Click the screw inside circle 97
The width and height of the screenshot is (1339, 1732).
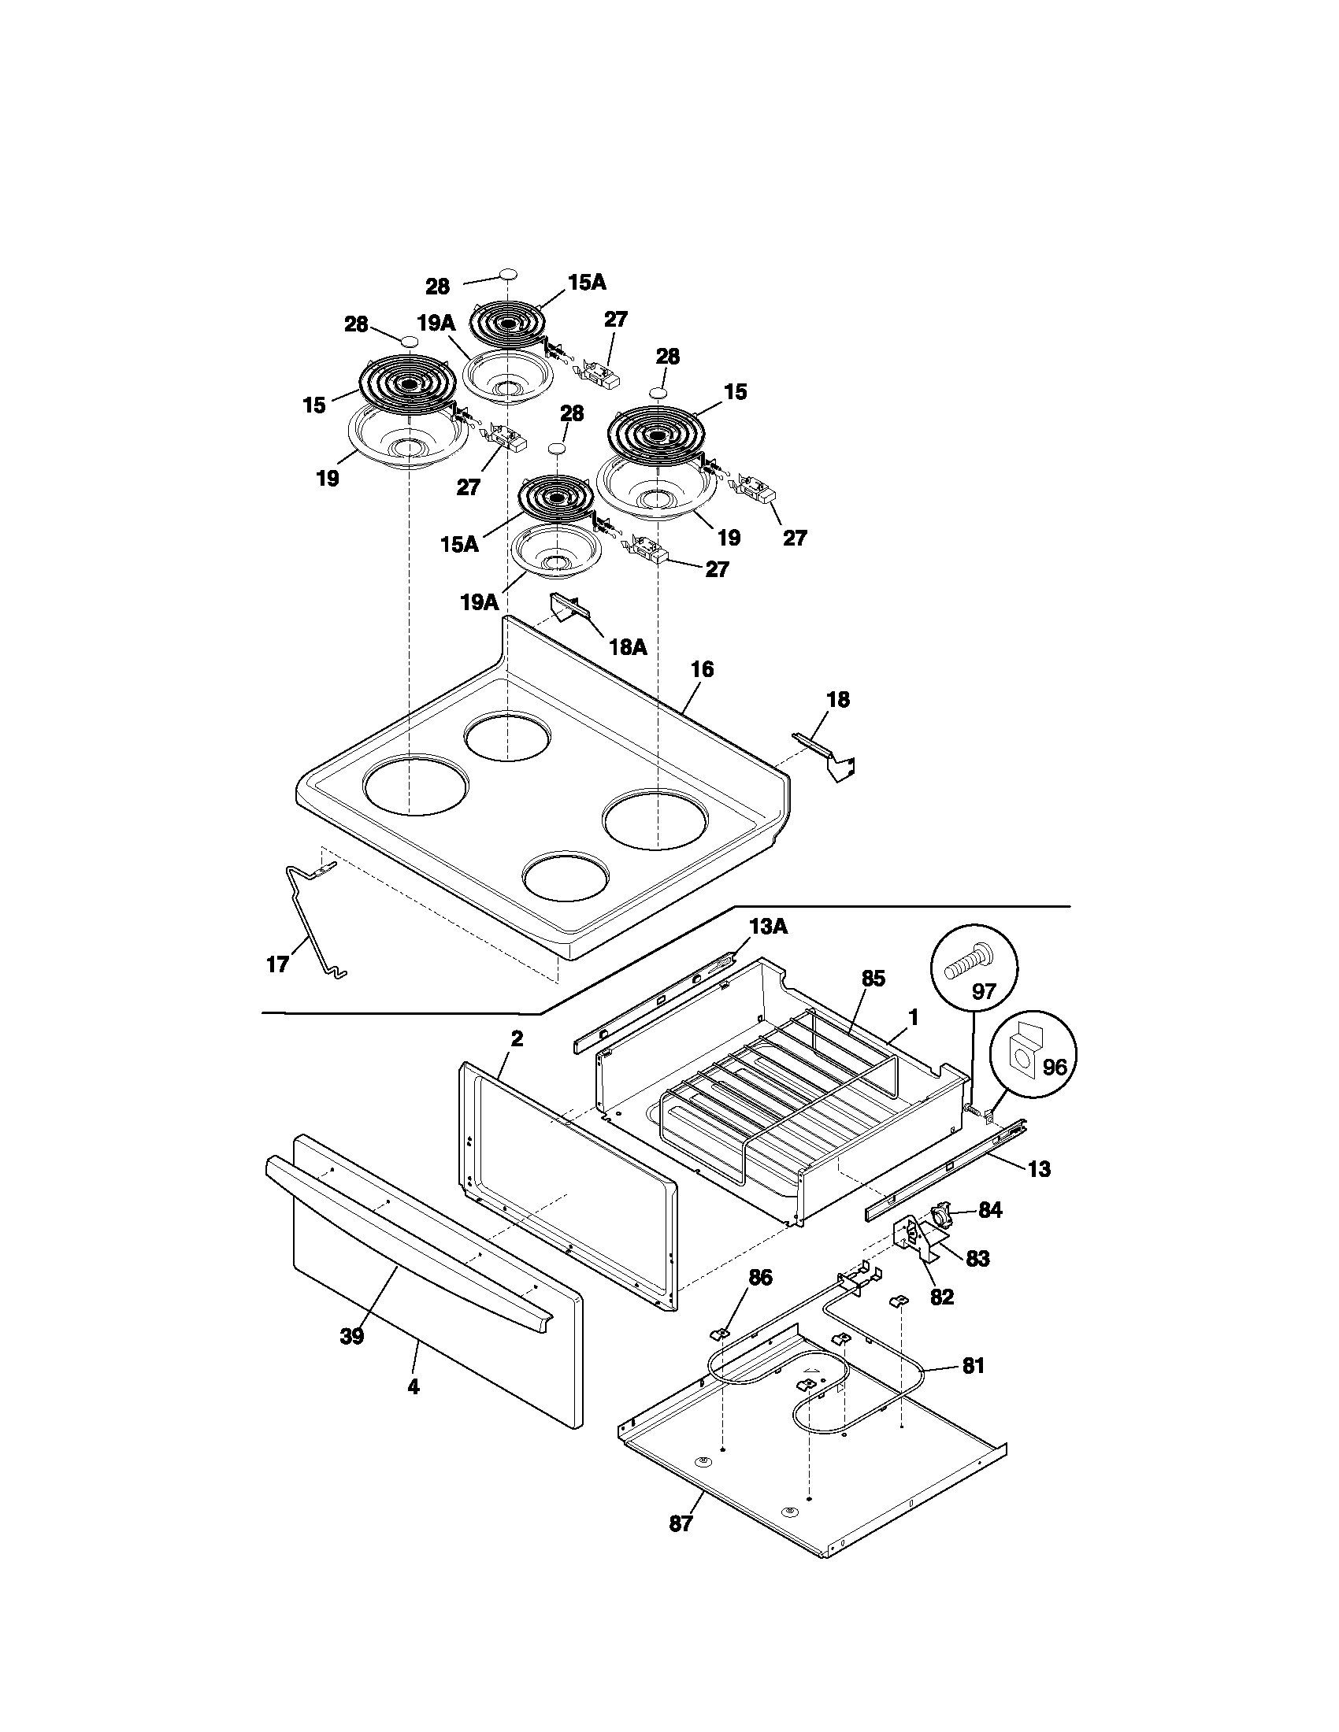click(970, 964)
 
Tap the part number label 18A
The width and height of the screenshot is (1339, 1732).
click(628, 647)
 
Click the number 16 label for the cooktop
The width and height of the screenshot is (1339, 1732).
click(701, 669)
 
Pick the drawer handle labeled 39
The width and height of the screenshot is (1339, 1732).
click(413, 1230)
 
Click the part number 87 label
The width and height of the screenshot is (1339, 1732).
click(681, 1523)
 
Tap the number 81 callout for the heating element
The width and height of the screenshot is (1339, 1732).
click(973, 1366)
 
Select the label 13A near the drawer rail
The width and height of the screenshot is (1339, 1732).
click(767, 926)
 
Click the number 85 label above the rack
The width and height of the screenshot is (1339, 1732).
click(873, 979)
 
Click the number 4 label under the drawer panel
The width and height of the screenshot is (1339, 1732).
click(414, 1386)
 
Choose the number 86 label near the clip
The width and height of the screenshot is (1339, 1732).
click(759, 1277)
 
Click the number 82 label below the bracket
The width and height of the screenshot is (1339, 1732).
click(941, 1297)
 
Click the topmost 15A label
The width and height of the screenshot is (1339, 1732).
click(587, 283)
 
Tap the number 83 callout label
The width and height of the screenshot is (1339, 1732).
click(978, 1259)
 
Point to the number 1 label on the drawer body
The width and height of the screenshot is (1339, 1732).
click(913, 1016)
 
